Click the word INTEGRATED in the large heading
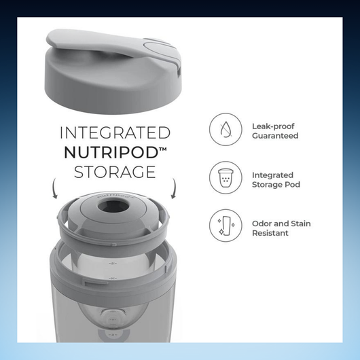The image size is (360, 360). pos(115,132)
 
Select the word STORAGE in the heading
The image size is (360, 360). pos(115,172)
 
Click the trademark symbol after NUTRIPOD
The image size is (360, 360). pos(163,149)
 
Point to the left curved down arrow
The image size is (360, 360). pos(54,188)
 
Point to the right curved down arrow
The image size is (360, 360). pos(174,188)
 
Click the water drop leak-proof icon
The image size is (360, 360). pos(226,129)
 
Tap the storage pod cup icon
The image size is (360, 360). pos(226,177)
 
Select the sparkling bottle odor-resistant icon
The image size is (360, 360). pos(226,226)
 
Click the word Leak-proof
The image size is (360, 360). pos(273,126)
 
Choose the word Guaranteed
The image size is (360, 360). pos(275,136)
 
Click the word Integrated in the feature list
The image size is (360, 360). pos(272,175)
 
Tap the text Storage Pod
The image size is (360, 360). pos(276,185)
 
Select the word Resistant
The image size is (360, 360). pos(270,233)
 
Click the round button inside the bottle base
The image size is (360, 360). pos(113,317)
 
